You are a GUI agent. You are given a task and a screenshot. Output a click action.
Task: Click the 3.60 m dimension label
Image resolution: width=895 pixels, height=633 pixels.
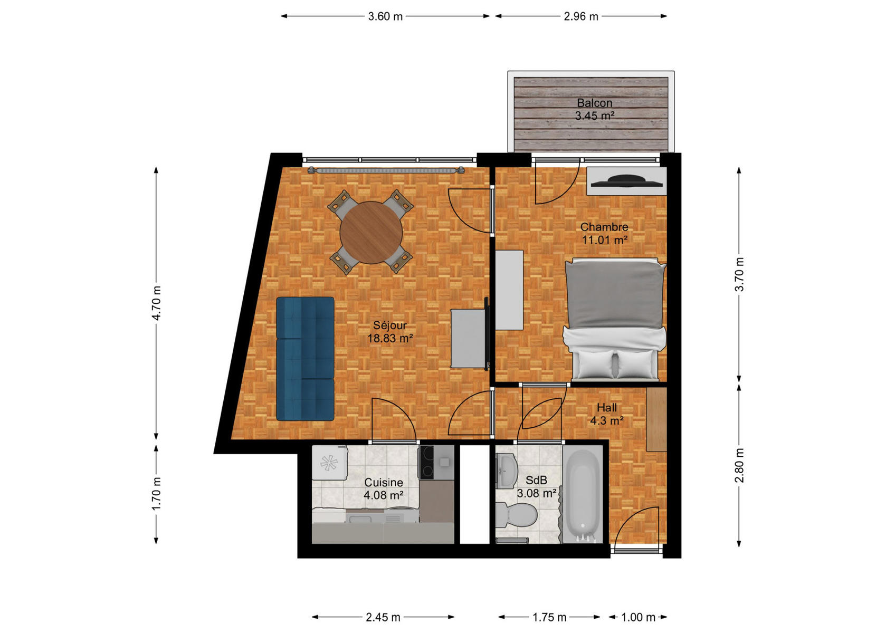pos(385,16)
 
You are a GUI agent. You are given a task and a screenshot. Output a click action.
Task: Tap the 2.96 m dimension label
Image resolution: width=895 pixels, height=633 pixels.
pos(581,16)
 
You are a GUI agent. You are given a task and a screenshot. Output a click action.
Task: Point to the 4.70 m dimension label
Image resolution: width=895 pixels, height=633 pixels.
pos(156,303)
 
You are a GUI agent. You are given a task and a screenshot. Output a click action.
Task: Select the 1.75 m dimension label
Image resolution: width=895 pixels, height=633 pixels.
pos(549,617)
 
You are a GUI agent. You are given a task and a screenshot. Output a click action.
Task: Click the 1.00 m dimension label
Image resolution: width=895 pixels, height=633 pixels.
pos(638,617)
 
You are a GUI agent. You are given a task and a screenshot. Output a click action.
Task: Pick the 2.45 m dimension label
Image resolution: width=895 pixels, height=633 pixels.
pos(383,617)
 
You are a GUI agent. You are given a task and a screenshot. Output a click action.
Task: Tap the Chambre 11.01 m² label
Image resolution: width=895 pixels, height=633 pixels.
pos(604,233)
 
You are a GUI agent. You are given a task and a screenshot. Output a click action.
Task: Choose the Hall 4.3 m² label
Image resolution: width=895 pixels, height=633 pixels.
pos(607,414)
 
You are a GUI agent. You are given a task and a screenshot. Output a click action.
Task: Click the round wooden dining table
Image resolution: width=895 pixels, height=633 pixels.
pos(371,233)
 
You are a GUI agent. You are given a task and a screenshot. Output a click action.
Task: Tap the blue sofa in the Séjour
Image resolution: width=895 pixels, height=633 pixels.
pos(305,359)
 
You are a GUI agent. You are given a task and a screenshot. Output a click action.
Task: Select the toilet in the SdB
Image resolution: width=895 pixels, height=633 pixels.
pos(516,514)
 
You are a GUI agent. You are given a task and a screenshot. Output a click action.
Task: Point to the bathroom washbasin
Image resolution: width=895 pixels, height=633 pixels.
pos(506,471)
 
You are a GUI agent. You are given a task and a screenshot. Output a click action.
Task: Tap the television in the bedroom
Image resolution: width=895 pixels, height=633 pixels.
pos(626,181)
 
